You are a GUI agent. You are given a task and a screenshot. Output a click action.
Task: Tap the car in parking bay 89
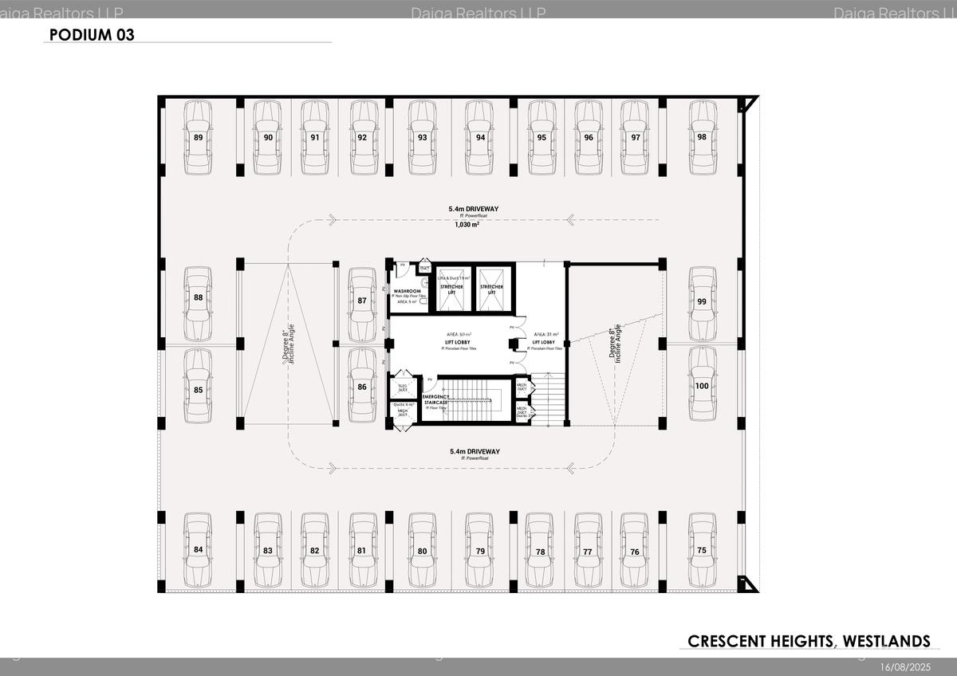click(199, 137)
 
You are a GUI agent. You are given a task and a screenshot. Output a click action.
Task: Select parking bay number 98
click(702, 137)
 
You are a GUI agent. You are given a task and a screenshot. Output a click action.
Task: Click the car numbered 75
click(702, 550)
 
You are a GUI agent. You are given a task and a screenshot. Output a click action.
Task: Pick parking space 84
click(199, 550)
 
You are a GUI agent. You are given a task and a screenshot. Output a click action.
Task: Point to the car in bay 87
click(362, 301)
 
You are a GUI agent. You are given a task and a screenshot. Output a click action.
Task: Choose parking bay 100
click(702, 386)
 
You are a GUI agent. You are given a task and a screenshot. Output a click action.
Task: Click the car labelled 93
click(423, 137)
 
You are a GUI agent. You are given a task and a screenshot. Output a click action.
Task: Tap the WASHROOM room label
click(408, 292)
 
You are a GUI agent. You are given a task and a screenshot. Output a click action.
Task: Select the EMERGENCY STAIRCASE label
click(435, 399)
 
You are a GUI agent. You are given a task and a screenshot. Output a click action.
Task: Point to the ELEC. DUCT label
click(403, 388)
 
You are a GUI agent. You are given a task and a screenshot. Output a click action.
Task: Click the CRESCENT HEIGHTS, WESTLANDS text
click(809, 641)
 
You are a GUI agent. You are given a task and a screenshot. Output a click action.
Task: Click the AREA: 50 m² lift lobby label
click(458, 334)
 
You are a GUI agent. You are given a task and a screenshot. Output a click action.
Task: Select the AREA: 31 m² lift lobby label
click(546, 334)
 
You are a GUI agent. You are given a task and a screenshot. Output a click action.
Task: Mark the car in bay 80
click(423, 550)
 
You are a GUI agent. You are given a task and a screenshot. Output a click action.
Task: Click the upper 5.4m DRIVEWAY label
click(474, 209)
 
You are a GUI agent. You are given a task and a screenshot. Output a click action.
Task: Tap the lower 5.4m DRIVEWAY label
click(474, 451)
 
